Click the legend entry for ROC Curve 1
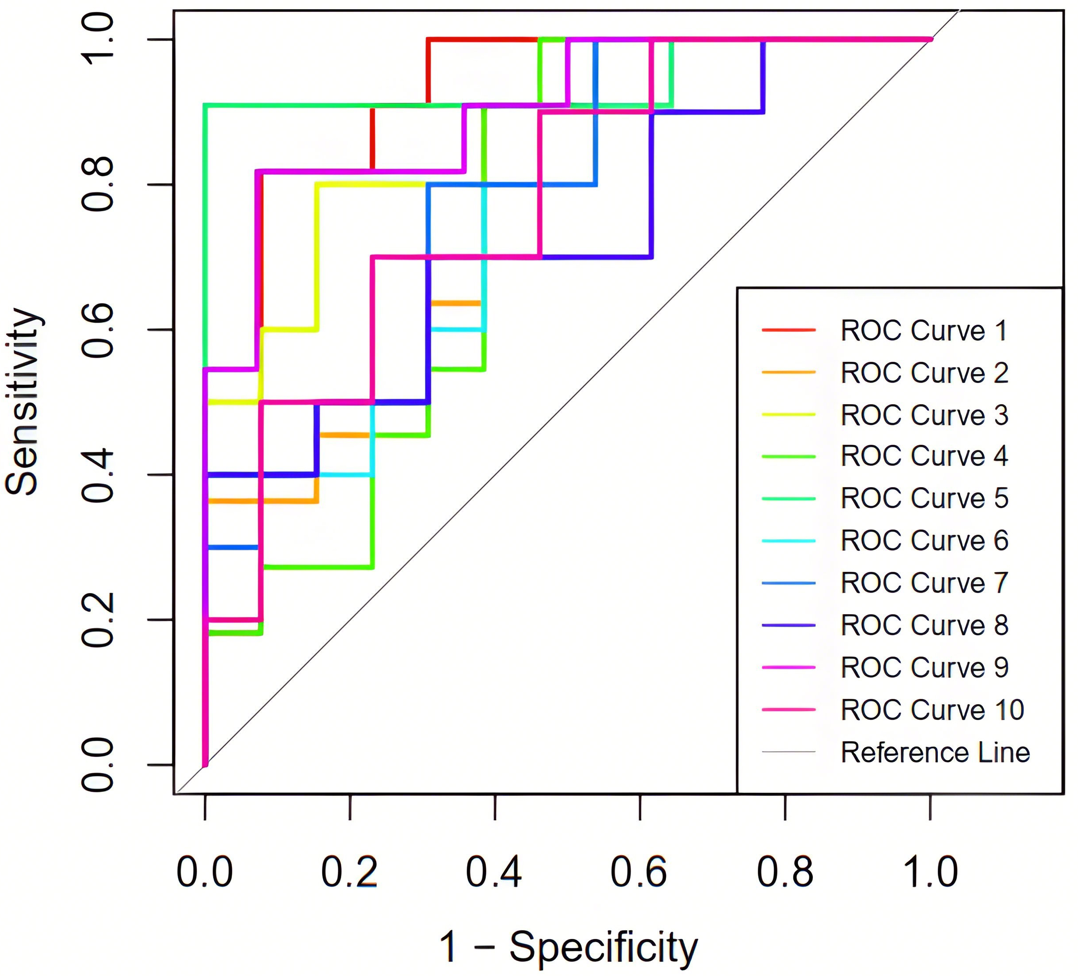tap(924, 331)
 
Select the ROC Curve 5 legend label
tap(924, 499)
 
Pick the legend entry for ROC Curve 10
tap(932, 710)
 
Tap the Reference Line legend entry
tap(935, 752)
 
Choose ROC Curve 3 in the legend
tap(924, 415)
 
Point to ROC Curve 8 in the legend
tap(924, 625)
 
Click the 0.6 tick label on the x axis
tap(639, 872)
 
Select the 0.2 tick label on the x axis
tap(349, 872)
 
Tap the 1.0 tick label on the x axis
tap(930, 872)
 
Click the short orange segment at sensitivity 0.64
tap(456, 303)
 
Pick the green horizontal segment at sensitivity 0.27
tap(318, 567)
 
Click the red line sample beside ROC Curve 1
tap(789, 330)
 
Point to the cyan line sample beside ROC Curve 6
tap(789, 541)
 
